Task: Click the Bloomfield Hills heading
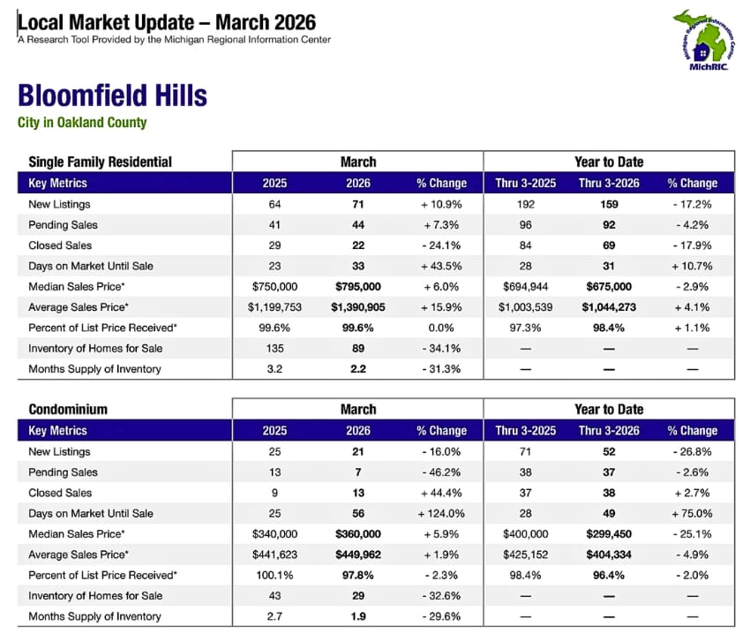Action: [x=112, y=95]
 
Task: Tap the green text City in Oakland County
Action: [x=82, y=123]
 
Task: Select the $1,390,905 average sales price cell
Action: [x=358, y=307]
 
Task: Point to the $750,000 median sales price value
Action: [x=274, y=287]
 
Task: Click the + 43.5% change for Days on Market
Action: [x=441, y=266]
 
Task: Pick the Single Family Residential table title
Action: [x=100, y=162]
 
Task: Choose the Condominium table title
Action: [x=68, y=409]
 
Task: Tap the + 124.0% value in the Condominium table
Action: [x=441, y=513]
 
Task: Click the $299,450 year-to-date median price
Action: [x=609, y=534]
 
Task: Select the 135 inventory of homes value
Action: [x=274, y=349]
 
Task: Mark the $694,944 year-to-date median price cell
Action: [x=525, y=287]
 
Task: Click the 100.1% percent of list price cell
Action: [x=274, y=575]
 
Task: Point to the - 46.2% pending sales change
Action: [x=441, y=472]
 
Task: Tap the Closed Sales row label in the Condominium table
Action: [x=60, y=493]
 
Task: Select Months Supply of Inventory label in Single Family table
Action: [x=94, y=369]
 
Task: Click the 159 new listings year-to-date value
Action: [x=609, y=204]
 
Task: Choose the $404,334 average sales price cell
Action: [x=609, y=555]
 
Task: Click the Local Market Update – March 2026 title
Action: [x=167, y=22]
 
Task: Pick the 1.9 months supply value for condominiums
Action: [x=358, y=616]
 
